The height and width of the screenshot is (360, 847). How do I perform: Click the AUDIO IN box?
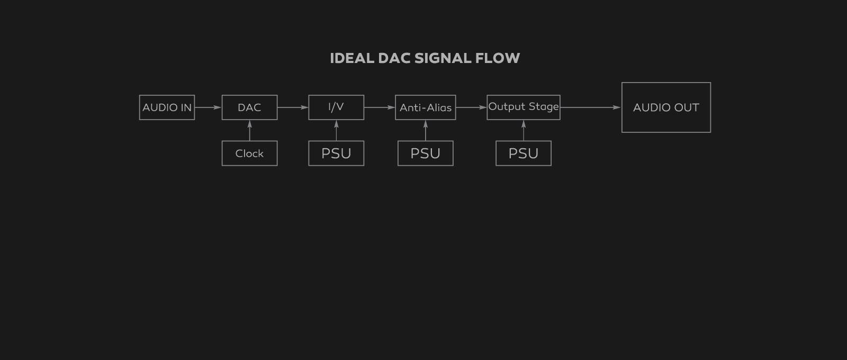(x=167, y=107)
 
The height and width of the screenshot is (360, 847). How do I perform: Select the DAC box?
(x=249, y=107)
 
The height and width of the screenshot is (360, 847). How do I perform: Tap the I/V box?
(x=336, y=107)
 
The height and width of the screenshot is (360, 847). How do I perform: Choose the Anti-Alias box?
(x=425, y=107)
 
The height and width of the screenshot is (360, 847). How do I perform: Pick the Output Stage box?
(x=523, y=107)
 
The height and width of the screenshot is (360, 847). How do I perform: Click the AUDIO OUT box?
(x=666, y=107)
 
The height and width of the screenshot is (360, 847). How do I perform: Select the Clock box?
(x=249, y=154)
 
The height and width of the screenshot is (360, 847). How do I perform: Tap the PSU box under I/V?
(x=336, y=154)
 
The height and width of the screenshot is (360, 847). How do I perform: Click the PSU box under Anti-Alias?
(x=425, y=154)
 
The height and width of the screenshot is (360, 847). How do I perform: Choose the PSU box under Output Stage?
(x=523, y=154)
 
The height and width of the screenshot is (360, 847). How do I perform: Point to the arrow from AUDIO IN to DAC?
(x=208, y=107)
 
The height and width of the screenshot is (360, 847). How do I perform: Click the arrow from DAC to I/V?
(x=293, y=107)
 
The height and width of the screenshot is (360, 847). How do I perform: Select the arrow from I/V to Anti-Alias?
(x=380, y=107)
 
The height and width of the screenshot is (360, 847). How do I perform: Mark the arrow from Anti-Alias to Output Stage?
(x=471, y=107)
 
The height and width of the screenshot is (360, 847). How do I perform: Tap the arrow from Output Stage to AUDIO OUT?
(x=591, y=107)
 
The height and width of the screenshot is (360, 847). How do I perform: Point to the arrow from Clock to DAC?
(x=249, y=131)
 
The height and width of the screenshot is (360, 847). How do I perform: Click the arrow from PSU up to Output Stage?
(x=524, y=131)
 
